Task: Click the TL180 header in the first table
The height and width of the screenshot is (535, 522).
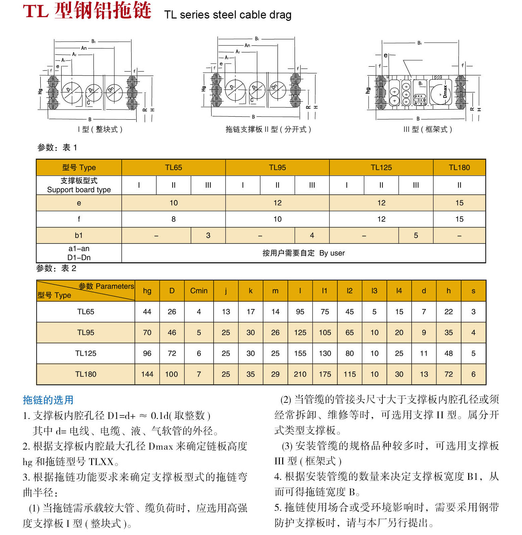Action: (x=459, y=167)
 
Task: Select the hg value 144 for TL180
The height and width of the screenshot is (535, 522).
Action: (x=147, y=374)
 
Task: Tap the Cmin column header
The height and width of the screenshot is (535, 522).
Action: (x=199, y=291)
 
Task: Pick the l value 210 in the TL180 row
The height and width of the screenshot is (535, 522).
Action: (x=300, y=374)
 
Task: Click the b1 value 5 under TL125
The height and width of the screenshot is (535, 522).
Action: (x=416, y=235)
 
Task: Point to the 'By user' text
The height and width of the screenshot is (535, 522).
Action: (x=332, y=253)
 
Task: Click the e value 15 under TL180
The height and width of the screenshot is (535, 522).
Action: (x=459, y=203)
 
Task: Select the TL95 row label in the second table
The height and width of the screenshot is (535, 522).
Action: (x=85, y=333)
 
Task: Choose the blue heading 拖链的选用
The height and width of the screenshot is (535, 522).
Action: (x=48, y=400)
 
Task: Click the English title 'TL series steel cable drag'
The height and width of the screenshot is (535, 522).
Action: (x=228, y=15)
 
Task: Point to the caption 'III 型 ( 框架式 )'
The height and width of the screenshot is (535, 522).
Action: (x=427, y=129)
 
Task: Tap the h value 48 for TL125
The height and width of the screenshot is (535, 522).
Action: (x=448, y=353)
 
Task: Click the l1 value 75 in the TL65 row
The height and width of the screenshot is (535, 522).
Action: (x=325, y=312)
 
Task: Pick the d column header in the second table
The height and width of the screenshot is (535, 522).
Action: (x=424, y=291)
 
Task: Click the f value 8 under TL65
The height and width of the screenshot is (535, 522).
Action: (x=173, y=219)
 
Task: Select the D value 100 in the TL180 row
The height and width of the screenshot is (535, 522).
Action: (x=172, y=374)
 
